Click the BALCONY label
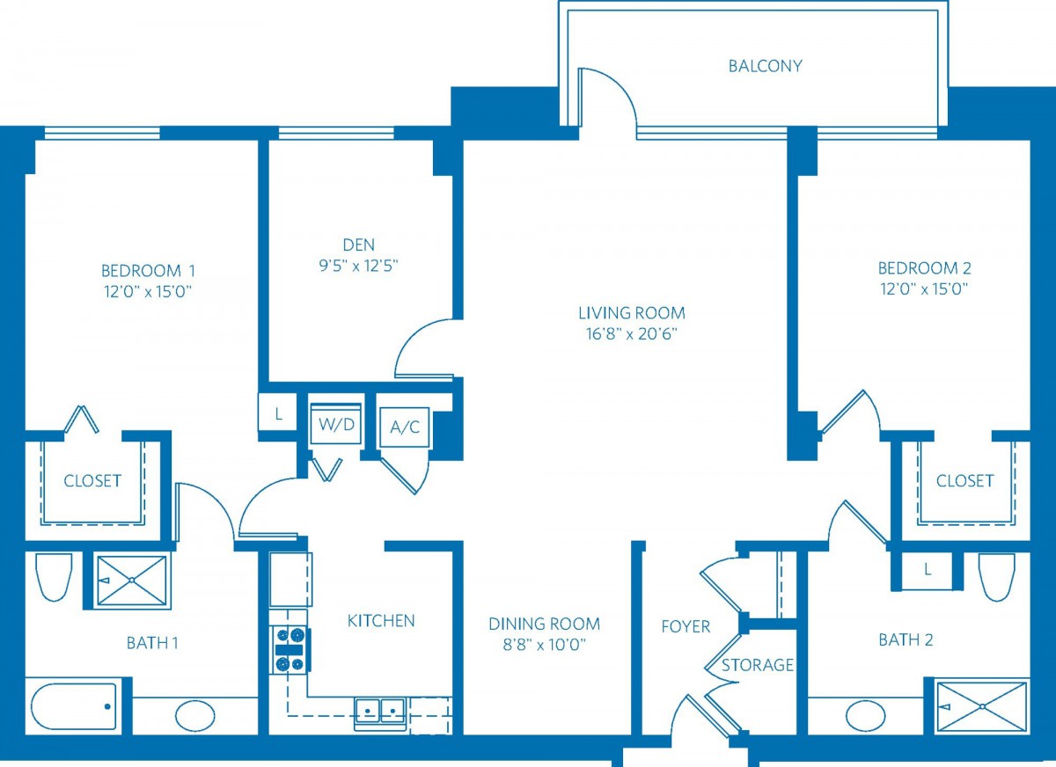point(765,66)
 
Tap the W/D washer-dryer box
point(336,424)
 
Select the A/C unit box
point(405,427)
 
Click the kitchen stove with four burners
point(290,649)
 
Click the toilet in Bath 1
point(55,577)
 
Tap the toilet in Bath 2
point(996,577)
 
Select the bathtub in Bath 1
point(74,706)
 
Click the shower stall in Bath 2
point(982,706)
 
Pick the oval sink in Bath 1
point(195,716)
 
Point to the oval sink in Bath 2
point(865,716)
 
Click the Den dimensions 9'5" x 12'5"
point(359,267)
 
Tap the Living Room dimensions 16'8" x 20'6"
point(631,334)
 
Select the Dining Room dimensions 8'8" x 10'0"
point(544,644)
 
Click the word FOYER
point(686,626)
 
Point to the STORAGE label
point(758,665)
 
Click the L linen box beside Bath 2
point(928,570)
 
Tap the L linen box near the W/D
point(278,413)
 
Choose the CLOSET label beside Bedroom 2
point(964,481)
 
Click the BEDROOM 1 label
point(148,271)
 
